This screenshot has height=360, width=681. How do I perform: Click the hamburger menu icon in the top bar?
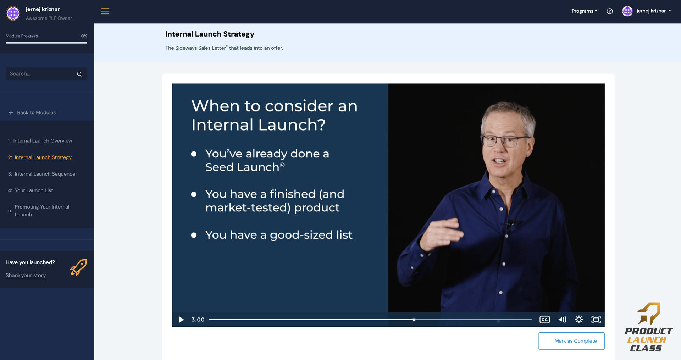pyautogui.click(x=105, y=11)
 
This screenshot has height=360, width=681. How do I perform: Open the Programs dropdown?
pyautogui.click(x=584, y=11)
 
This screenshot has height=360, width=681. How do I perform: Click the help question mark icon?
pyautogui.click(x=609, y=11)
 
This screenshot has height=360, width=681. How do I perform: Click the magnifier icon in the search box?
pyautogui.click(x=79, y=74)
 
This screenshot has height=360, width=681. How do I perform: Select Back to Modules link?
pyautogui.click(x=36, y=112)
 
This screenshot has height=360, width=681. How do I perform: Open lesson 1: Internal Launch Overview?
pyautogui.click(x=43, y=141)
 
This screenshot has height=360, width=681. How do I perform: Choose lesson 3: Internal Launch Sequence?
pyautogui.click(x=45, y=174)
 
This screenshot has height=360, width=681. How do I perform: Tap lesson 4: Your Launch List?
pyautogui.click(x=34, y=190)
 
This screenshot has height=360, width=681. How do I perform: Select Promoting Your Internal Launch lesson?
pyautogui.click(x=42, y=211)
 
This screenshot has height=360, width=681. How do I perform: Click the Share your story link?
pyautogui.click(x=26, y=275)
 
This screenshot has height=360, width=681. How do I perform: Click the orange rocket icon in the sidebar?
pyautogui.click(x=78, y=267)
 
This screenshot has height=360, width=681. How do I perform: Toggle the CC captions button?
pyautogui.click(x=544, y=320)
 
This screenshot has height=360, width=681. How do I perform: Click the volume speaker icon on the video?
pyautogui.click(x=562, y=320)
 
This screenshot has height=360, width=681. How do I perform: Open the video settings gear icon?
pyautogui.click(x=579, y=320)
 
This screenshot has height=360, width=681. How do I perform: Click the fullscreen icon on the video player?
pyautogui.click(x=596, y=320)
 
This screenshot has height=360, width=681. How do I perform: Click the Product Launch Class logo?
pyautogui.click(x=648, y=327)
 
